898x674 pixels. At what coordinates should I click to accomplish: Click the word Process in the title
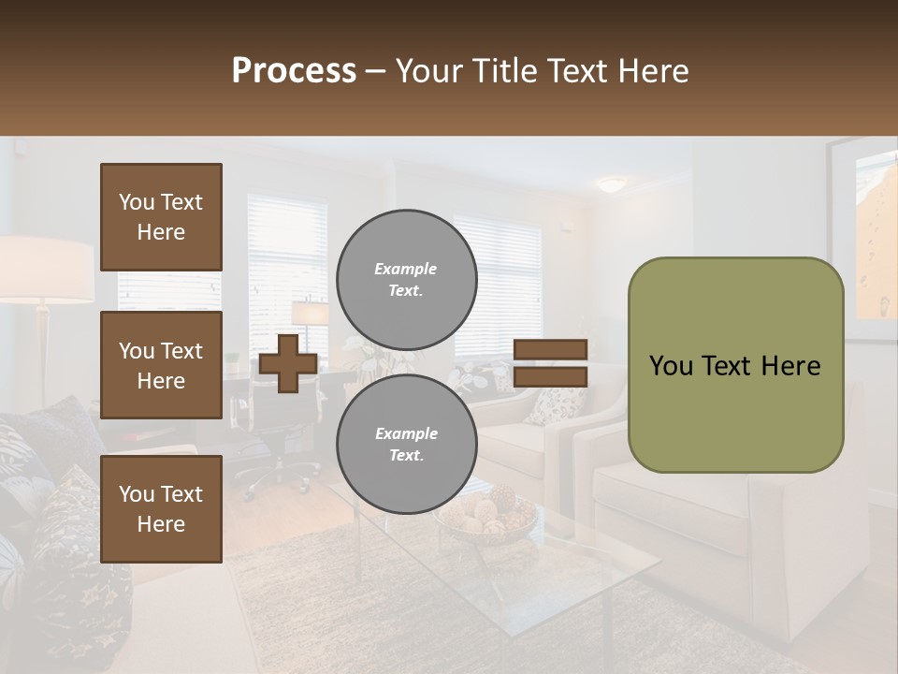[x=294, y=71]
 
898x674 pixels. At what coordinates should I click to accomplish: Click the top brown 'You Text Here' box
[x=161, y=217]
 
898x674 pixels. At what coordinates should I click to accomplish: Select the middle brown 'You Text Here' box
[x=161, y=365]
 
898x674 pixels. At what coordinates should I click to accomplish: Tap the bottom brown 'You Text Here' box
[x=161, y=508]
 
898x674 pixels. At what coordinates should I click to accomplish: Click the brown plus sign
[x=287, y=363]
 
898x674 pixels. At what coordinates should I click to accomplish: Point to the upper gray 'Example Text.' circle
[x=406, y=280]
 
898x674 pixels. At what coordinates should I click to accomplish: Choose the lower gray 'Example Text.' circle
[x=406, y=445]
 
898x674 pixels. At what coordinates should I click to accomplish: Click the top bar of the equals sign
[x=550, y=349]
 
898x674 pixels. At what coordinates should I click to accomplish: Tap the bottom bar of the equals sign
[x=550, y=376]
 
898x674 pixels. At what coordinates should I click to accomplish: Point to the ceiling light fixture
[x=612, y=184]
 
